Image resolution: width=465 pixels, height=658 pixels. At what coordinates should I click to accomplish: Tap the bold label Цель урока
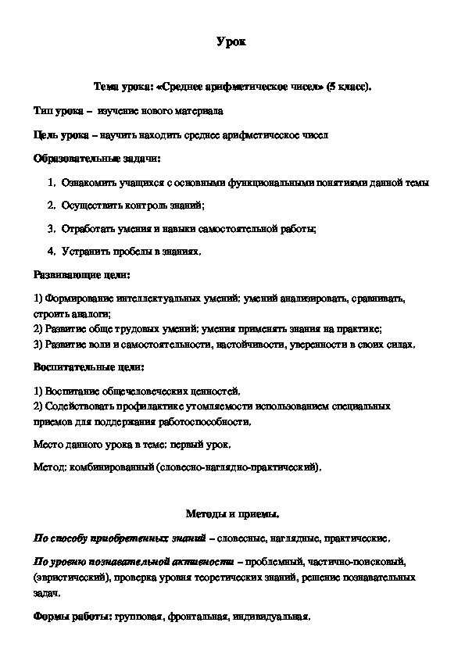coord(60,135)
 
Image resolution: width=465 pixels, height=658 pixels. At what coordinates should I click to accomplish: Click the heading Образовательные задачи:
coord(97,159)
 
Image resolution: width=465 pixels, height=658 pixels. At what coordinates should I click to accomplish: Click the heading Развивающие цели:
coord(81,275)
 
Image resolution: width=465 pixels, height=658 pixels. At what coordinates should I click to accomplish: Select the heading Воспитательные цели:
coord(88,367)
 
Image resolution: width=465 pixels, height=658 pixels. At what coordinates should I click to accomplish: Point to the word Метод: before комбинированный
coord(51,467)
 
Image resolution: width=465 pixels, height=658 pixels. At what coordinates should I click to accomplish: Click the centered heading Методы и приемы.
coord(232,514)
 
